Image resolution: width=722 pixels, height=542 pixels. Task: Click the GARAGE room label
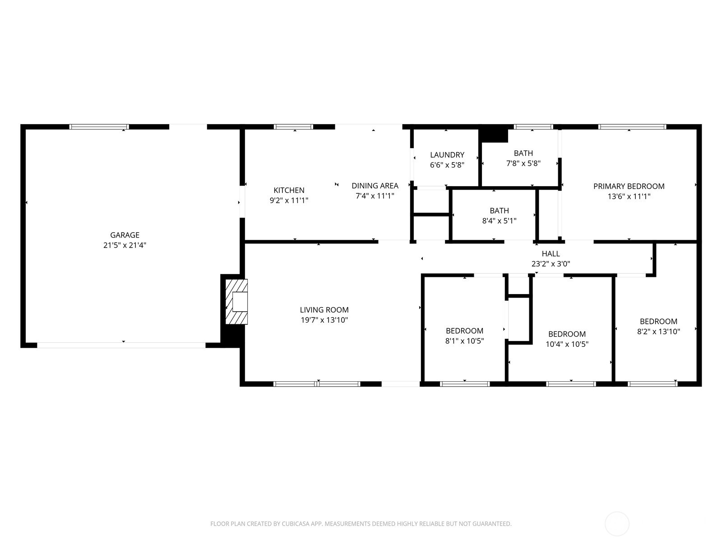(125, 235)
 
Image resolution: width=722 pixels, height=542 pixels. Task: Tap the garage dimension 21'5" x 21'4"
(125, 245)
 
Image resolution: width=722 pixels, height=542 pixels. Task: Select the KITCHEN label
(289, 190)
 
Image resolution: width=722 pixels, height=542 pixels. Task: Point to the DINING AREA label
(375, 186)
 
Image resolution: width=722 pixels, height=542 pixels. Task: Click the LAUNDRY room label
(447, 155)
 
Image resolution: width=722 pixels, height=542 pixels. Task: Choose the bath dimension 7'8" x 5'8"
(523, 164)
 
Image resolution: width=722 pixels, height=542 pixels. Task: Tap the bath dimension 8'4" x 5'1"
(499, 221)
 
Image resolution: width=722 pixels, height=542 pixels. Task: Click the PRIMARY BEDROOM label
(629, 186)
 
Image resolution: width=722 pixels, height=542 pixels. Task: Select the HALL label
(551, 254)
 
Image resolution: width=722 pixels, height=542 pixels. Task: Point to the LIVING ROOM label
(324, 310)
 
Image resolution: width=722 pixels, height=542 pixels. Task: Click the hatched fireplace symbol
(236, 302)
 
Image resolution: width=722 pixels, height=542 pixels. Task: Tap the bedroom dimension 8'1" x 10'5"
(464, 341)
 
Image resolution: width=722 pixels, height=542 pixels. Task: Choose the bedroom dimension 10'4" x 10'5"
(567, 344)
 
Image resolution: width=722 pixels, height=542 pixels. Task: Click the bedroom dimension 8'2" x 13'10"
(658, 332)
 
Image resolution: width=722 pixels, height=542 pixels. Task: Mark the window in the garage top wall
(99, 127)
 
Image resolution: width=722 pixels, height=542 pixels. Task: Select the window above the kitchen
(294, 127)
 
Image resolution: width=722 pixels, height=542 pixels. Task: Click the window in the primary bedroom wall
(632, 127)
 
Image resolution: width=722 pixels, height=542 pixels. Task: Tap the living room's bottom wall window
(317, 384)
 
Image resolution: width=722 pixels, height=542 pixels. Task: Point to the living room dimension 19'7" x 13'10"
(324, 320)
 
